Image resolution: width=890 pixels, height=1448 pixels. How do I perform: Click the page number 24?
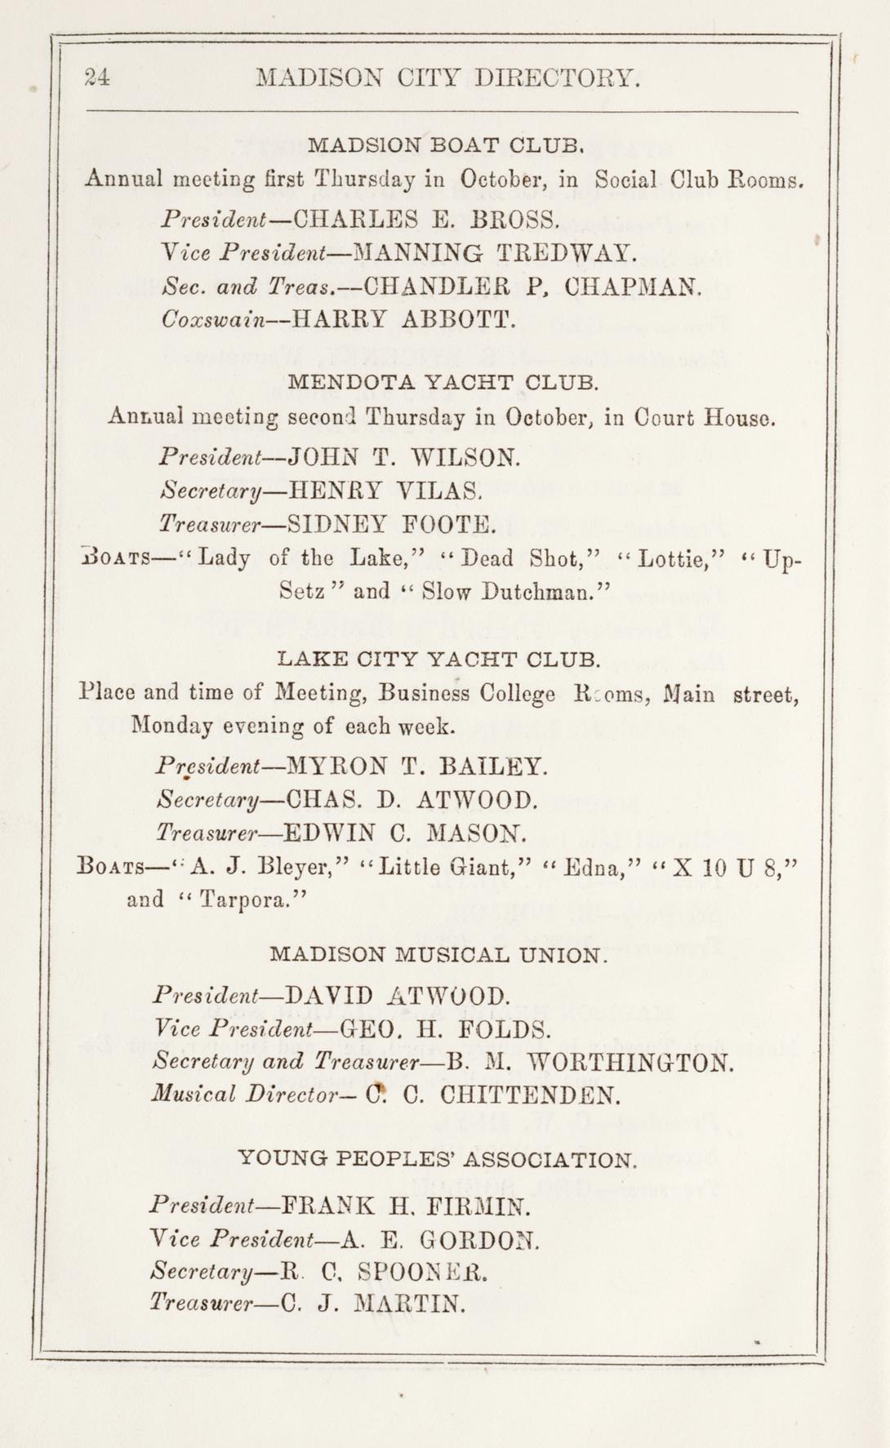[x=97, y=78]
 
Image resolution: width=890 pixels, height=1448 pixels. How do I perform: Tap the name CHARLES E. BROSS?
[x=425, y=219]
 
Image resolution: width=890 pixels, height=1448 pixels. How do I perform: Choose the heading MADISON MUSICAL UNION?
[x=438, y=953]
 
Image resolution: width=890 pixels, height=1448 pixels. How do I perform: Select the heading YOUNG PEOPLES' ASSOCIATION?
[x=436, y=1158]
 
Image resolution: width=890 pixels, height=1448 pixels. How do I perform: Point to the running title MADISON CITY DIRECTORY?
[x=444, y=78]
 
